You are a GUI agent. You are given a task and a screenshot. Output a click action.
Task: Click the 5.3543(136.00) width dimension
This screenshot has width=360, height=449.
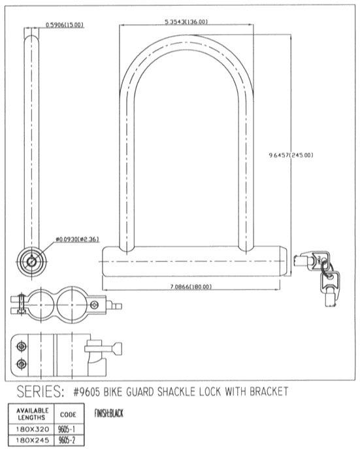tap(186, 22)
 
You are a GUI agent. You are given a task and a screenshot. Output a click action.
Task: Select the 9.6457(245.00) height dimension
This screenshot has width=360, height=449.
tap(291, 155)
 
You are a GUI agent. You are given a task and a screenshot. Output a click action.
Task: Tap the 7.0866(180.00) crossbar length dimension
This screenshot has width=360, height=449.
tap(191, 287)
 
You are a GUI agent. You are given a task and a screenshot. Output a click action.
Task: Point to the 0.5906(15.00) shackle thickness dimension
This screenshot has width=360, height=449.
tap(65, 25)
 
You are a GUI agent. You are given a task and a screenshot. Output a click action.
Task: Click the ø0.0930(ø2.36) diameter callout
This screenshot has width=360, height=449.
tap(78, 239)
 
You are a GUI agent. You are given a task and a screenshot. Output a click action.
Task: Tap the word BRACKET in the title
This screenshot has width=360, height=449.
tap(269, 391)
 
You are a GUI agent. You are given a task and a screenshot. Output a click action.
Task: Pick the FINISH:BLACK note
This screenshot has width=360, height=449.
tap(108, 413)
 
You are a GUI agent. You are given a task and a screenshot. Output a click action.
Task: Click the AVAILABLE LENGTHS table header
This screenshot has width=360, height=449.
tap(32, 414)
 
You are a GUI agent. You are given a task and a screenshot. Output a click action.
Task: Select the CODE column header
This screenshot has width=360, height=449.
tap(68, 414)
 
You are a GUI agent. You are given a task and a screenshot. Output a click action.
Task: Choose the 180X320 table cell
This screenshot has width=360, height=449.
tap(32, 429)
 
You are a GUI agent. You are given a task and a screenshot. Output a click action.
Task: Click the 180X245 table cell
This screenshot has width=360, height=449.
tap(32, 440)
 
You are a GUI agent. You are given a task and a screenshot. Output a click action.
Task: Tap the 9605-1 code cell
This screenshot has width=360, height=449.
tap(67, 429)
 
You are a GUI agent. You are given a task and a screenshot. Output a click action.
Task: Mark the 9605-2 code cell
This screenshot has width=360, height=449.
tap(67, 440)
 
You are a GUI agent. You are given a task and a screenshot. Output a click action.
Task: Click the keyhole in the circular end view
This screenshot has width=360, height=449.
tap(31, 261)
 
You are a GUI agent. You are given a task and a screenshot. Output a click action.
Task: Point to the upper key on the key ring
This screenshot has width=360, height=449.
tap(312, 261)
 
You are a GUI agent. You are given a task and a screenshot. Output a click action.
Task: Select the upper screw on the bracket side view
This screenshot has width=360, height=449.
tap(22, 346)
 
